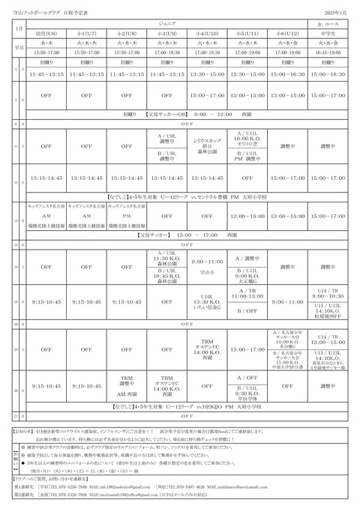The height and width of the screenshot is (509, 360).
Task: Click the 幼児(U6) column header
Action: point(46,35)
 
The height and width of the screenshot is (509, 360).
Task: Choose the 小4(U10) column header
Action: point(207,35)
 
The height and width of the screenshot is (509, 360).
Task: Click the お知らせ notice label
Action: point(24,433)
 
